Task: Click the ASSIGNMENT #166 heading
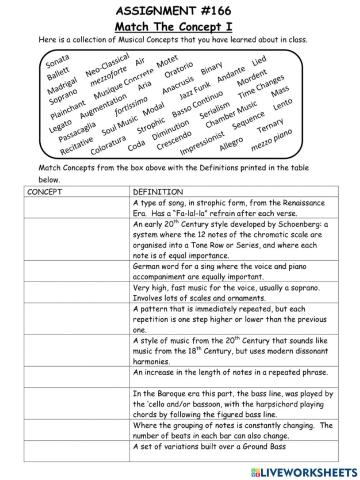click(x=179, y=9)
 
